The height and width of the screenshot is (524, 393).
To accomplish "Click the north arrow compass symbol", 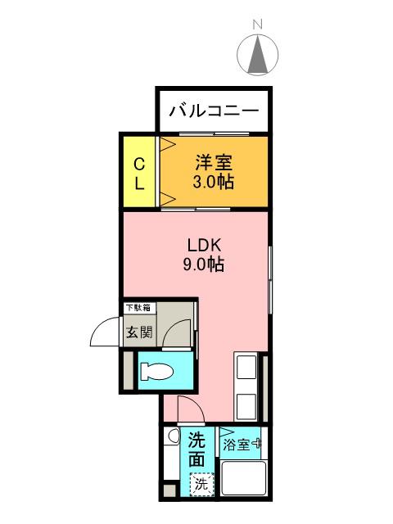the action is click(257, 55).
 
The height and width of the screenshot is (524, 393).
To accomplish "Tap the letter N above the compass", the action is click(257, 25).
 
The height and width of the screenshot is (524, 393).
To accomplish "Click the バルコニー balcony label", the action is click(214, 111).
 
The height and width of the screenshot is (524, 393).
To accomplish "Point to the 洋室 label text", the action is click(214, 163).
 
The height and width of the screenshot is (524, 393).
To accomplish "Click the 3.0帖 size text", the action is click(213, 182).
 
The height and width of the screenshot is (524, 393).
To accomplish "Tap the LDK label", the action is click(204, 246).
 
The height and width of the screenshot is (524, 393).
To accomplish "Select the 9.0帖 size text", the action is click(204, 264).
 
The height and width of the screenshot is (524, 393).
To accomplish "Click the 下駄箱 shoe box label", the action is click(138, 308).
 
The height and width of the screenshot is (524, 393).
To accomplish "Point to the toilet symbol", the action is click(156, 371).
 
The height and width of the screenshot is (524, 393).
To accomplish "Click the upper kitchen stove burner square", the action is click(246, 367).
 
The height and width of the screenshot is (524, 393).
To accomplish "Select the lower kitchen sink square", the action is click(246, 406).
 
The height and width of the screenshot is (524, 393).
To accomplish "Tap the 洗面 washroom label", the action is click(196, 449).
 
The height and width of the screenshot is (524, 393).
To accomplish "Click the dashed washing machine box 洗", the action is click(201, 484).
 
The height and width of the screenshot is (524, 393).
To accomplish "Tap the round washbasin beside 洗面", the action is click(173, 436).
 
